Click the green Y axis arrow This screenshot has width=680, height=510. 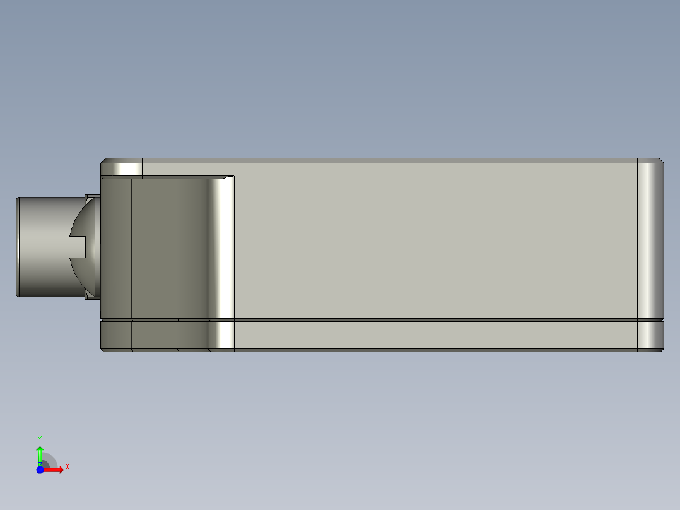[40, 454]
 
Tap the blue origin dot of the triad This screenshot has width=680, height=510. [40, 469]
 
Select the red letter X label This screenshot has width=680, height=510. [67, 467]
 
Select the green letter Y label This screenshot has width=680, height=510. [40, 438]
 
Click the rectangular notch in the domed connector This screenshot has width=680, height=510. [77, 247]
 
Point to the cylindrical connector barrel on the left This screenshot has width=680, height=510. [44, 247]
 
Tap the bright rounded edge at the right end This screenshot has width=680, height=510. [650, 240]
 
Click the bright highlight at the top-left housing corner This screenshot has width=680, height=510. [123, 169]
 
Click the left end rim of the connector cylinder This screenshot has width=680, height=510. [18, 247]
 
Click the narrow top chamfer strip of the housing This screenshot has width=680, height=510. [378, 160]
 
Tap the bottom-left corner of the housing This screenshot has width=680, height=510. [103, 348]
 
